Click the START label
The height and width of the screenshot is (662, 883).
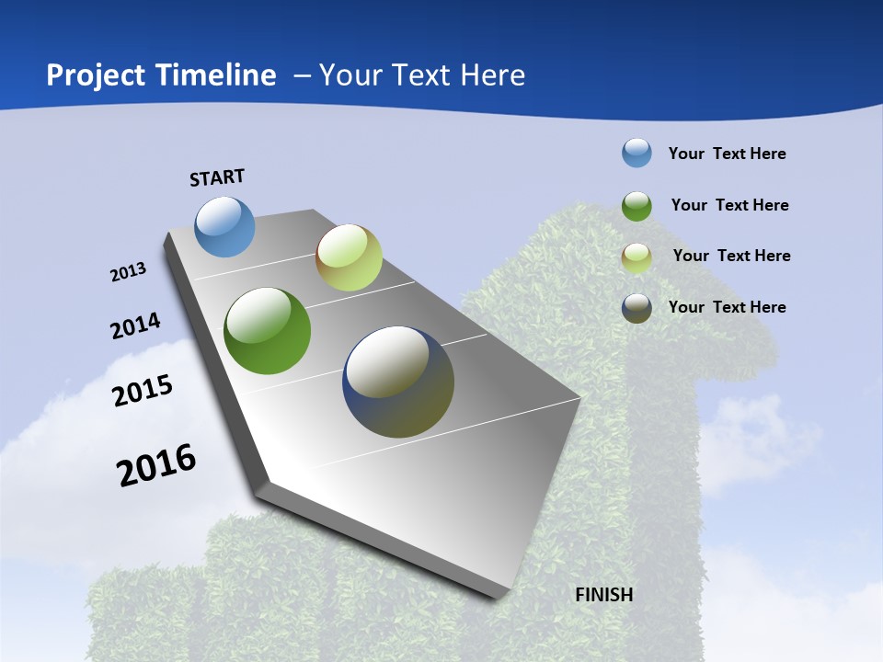(x=217, y=177)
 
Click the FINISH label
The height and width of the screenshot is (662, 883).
(x=604, y=595)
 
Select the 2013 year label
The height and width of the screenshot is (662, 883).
(x=128, y=272)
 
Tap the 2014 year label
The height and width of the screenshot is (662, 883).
(x=135, y=325)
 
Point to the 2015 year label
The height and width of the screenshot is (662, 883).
(x=143, y=390)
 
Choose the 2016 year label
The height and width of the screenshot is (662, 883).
(x=156, y=465)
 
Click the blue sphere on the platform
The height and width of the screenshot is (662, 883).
(x=225, y=226)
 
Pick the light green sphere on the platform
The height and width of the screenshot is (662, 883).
(x=349, y=257)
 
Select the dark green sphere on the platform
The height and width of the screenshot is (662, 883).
(x=268, y=331)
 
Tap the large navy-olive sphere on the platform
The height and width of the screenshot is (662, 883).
(x=398, y=382)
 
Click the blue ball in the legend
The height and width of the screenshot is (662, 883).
(x=636, y=153)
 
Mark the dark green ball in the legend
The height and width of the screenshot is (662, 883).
(x=636, y=205)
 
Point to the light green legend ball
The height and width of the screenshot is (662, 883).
(x=636, y=257)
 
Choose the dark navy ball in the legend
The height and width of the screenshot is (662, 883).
(x=636, y=308)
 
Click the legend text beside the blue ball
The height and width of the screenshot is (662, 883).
(x=727, y=154)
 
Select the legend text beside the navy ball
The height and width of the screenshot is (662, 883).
(x=727, y=307)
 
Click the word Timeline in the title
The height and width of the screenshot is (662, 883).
(x=217, y=75)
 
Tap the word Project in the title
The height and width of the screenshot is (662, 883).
(x=96, y=75)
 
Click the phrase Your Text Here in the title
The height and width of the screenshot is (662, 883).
(x=422, y=75)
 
